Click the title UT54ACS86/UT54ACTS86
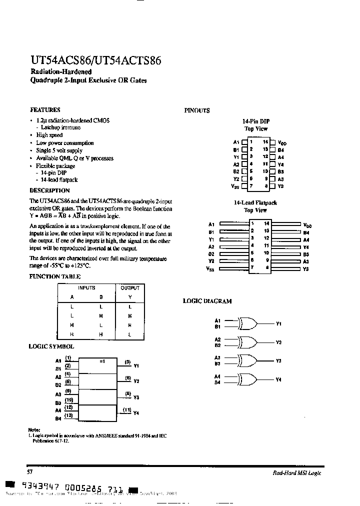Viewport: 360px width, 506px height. [x=95, y=60]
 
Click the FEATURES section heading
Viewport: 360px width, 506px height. [x=45, y=109]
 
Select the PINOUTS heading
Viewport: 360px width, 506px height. [x=197, y=111]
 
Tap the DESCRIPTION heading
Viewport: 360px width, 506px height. [x=49, y=190]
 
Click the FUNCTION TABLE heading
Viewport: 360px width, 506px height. [x=55, y=276]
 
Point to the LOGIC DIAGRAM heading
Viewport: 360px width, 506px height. [x=207, y=301]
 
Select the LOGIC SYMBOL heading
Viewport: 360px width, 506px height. [x=51, y=346]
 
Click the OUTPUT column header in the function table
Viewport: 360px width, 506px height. [x=130, y=288]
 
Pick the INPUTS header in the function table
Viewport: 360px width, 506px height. [x=86, y=288]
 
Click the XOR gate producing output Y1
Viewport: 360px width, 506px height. [x=248, y=323]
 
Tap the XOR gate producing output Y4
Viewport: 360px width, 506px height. [x=248, y=379]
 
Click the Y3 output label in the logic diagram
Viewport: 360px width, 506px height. [x=279, y=360]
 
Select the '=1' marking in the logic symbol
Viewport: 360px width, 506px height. [x=102, y=361]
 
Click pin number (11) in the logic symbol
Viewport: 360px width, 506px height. [x=127, y=409]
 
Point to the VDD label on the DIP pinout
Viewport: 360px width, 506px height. [x=282, y=143]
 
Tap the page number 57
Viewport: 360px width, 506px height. [x=29, y=472]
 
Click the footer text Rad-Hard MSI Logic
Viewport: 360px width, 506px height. [x=297, y=473]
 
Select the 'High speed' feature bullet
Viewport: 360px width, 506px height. [x=49, y=135]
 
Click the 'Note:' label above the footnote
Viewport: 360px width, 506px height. [x=34, y=430]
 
